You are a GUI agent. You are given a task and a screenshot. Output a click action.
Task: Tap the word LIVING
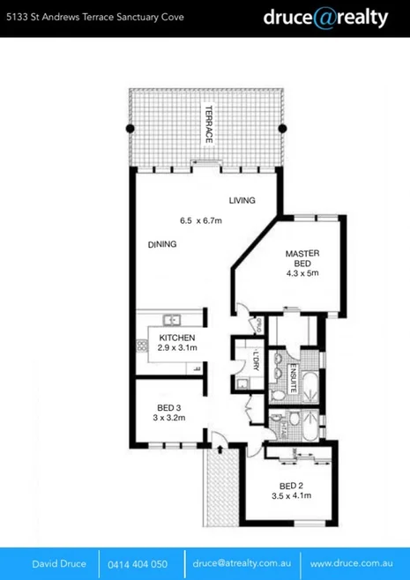[242, 200]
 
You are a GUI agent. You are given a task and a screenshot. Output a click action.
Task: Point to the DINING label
[162, 244]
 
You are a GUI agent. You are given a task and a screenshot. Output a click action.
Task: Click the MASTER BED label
[302, 259]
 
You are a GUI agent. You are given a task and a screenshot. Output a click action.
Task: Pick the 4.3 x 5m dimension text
[302, 274]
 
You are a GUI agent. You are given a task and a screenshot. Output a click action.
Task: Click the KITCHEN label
[177, 338]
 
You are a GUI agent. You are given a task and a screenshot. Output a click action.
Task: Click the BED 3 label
[170, 406]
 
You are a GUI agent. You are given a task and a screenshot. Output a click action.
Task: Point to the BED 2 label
[292, 486]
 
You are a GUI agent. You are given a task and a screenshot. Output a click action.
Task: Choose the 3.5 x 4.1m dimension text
[292, 497]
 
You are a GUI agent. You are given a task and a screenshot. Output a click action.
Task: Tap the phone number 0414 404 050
[138, 562]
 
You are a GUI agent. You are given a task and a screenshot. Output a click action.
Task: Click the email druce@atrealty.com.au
[243, 562]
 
